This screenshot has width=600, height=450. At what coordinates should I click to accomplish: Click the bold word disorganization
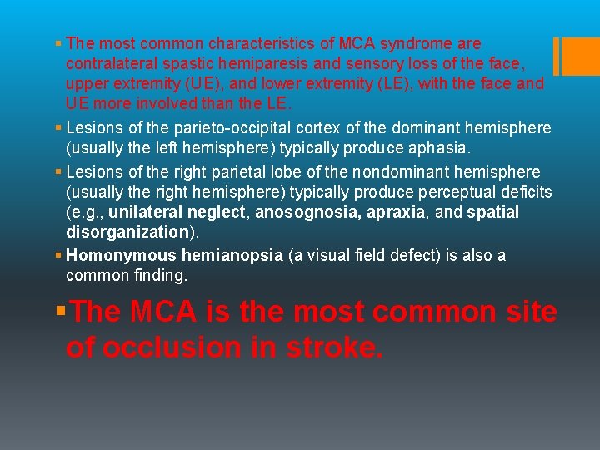coord(127,232)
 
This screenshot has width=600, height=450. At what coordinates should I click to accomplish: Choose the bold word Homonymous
coord(112,255)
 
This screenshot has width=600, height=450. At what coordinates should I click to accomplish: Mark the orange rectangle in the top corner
coord(575,56)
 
